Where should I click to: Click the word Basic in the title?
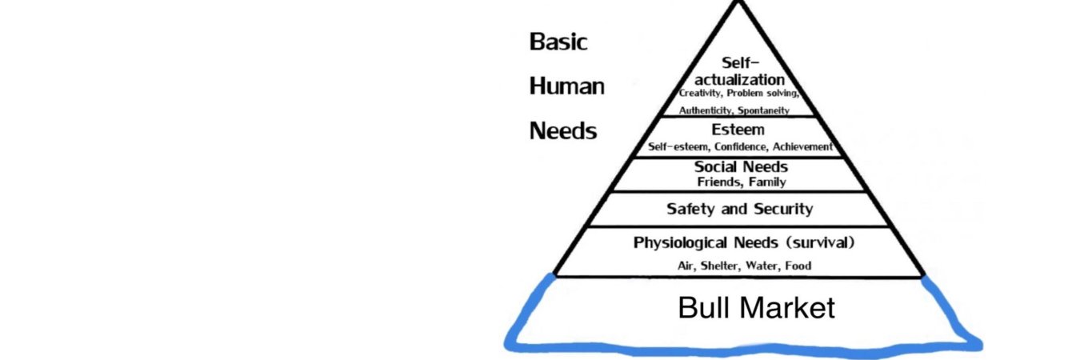[x=558, y=42]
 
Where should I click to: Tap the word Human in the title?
[x=567, y=86]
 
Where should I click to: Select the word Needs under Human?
[x=563, y=131]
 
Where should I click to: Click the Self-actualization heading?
[x=740, y=71]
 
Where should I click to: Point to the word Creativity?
[x=699, y=93]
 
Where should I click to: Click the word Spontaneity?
[x=764, y=110]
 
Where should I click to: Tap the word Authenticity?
[x=706, y=110]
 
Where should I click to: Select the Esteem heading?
[x=738, y=130]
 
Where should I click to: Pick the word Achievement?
[x=802, y=146]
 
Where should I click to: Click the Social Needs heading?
[x=741, y=166]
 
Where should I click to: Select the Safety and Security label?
[x=740, y=209]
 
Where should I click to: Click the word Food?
[x=798, y=266]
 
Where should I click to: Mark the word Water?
[x=762, y=266]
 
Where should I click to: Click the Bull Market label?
[x=756, y=307]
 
